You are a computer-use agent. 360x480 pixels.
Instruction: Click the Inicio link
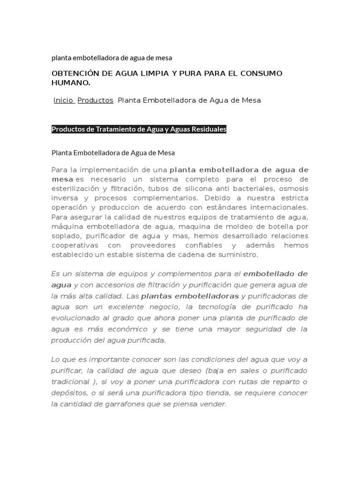coord(63,100)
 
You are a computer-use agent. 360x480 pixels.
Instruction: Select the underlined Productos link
coord(95,100)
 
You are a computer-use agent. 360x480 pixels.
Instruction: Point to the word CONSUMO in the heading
coord(266,74)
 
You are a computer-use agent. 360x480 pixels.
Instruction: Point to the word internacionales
coord(278,207)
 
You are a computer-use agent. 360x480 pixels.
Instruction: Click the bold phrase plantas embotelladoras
coord(190,296)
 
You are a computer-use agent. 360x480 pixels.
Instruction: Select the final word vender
coord(214,403)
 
